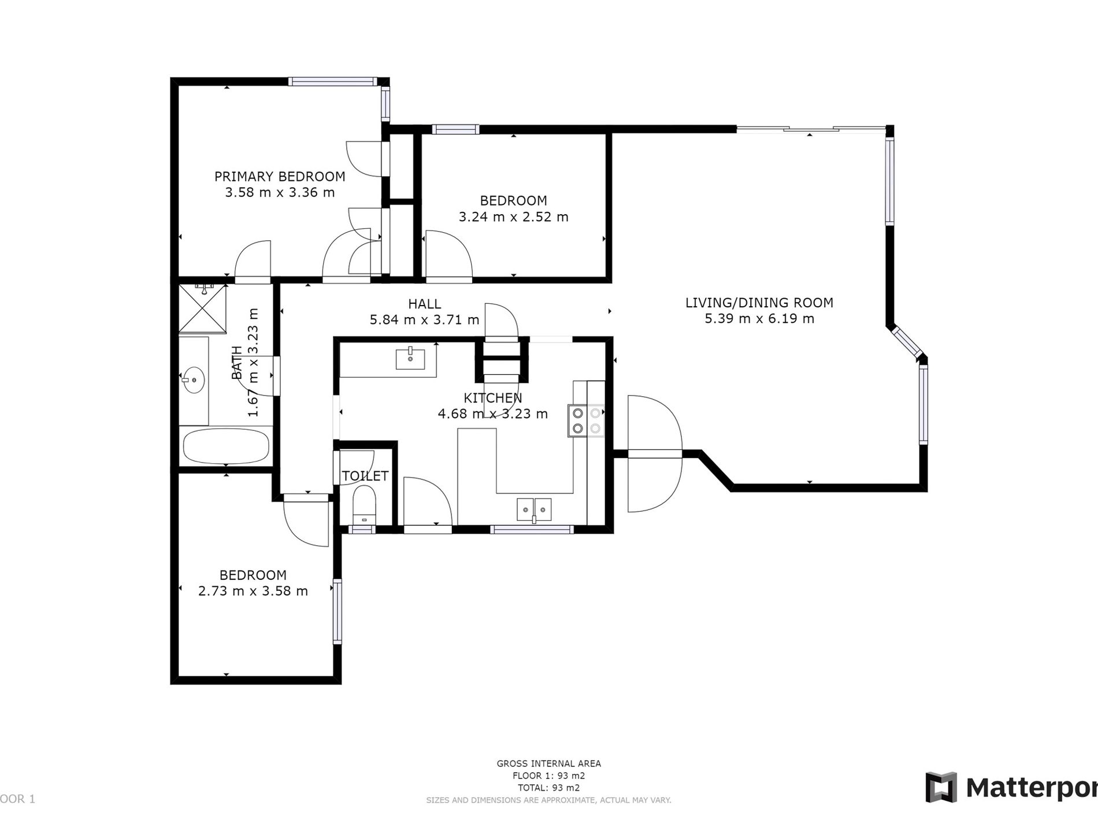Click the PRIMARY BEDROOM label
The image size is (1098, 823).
pos(280,177)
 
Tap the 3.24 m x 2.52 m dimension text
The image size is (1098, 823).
pos(513,217)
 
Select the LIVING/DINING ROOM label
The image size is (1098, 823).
pos(759,303)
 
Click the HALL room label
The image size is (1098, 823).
pos(424,304)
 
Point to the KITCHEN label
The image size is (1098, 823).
pos(492,398)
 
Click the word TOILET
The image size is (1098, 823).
pos(365,476)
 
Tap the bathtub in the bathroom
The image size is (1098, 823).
pos(226,446)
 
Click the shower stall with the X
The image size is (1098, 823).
pos(202,309)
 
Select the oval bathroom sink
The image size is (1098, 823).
pos(194,380)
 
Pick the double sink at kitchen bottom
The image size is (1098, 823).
pos(534,509)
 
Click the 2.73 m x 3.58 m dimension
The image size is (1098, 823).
pos(253,591)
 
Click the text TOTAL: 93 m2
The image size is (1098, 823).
pos(548,788)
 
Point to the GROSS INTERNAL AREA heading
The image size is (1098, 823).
pos(548,764)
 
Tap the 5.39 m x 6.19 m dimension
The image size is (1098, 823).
pos(759,319)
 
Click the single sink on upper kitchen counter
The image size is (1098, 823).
pos(410,359)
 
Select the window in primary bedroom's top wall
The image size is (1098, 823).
pos(332,81)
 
